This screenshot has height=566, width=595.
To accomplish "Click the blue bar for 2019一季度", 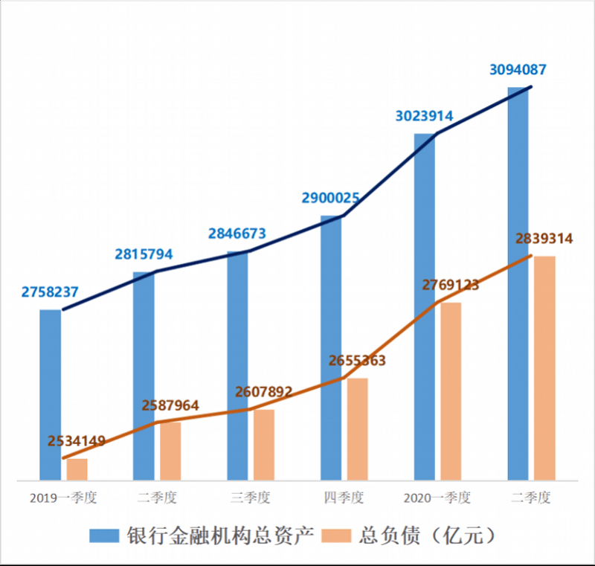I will tap(51, 394).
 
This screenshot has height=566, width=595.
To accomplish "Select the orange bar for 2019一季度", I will tap(77, 469).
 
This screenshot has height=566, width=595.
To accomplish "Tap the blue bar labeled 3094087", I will tap(518, 283).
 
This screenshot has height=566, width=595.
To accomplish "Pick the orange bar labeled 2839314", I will tap(544, 368).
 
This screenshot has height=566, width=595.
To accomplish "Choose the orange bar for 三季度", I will tap(263, 445).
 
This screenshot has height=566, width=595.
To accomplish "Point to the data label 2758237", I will tap(50, 292).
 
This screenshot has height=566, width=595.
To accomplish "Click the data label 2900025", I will tap(331, 199).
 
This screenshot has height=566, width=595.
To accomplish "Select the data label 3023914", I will tap(424, 116).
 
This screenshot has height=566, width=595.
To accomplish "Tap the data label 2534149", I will tap(77, 441).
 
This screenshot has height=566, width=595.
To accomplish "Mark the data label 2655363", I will tap(357, 361).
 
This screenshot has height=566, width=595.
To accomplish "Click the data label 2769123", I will tap(451, 285).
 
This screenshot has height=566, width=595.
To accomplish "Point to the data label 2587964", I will tap(170, 405).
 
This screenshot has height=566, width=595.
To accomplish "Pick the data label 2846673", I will tap(237, 234).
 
